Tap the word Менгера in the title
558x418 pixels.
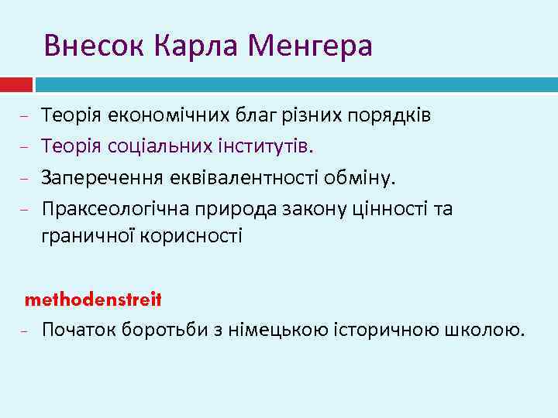[x=310, y=46]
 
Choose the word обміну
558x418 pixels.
[x=363, y=180]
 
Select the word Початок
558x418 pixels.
[x=77, y=331]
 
